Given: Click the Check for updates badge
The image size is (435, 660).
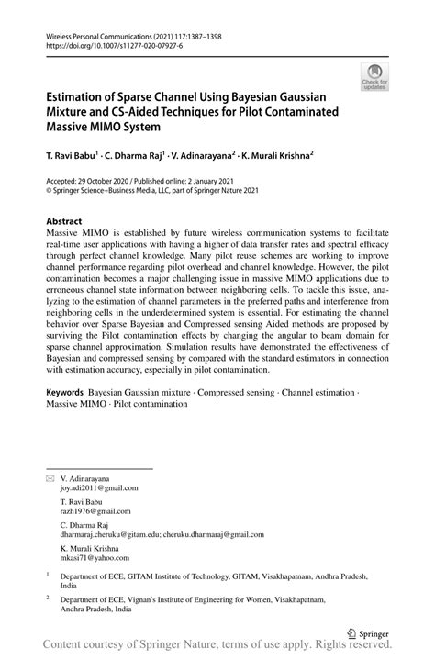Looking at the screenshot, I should [x=374, y=78].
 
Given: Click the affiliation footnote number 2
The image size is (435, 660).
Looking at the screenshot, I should [x=48, y=597].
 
